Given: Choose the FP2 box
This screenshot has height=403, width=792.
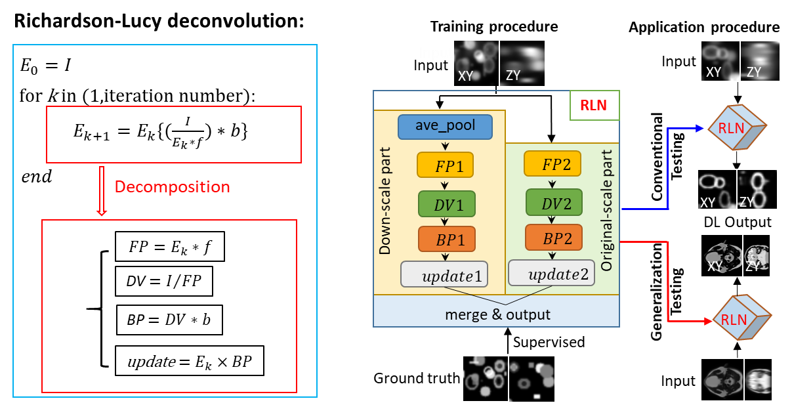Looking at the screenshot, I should [x=552, y=163].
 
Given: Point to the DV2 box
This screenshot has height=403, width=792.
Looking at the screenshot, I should [x=552, y=203].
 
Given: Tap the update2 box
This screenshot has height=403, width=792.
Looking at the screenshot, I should [x=552, y=273].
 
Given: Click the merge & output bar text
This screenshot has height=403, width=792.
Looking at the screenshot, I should [x=498, y=314].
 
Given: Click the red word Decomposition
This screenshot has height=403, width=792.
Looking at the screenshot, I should [x=172, y=187].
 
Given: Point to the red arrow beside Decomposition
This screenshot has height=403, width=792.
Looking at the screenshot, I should [x=102, y=190].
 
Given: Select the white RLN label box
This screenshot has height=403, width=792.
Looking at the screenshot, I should [x=594, y=106].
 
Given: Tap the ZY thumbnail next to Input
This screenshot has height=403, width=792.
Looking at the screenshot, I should [x=523, y=63].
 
